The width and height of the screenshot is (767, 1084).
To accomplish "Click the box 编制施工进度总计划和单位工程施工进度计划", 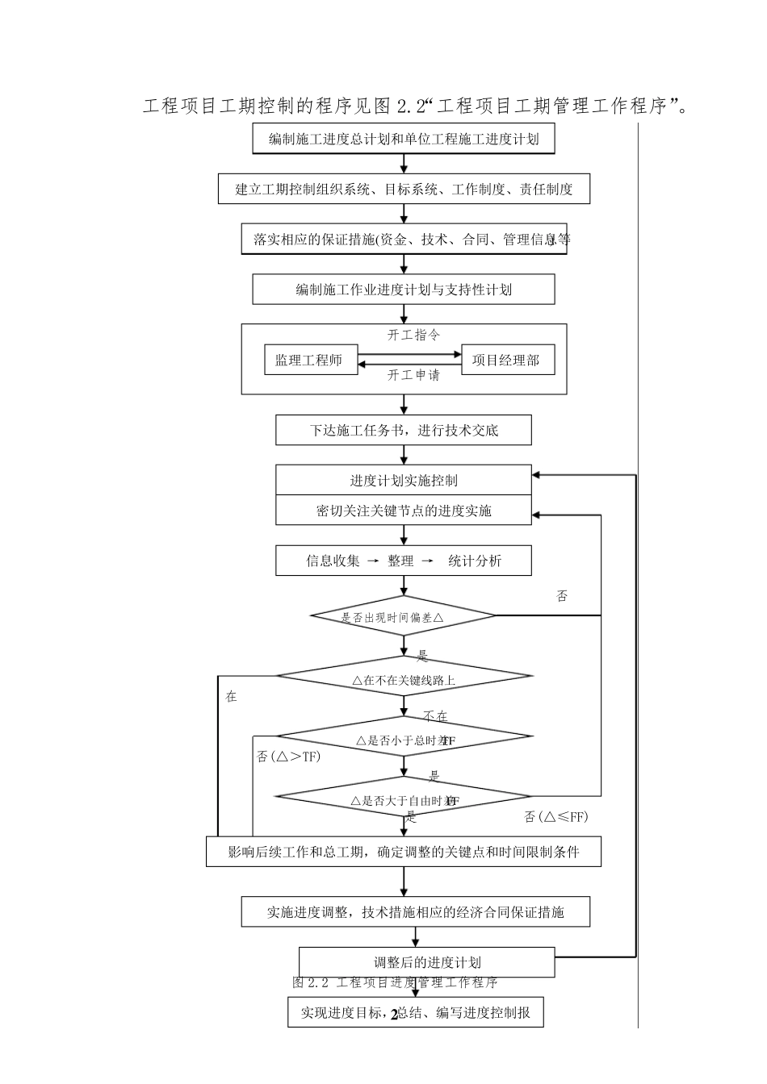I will [404, 139].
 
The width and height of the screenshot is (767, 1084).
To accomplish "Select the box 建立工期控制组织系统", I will [404, 190].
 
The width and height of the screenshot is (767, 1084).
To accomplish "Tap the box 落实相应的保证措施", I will [404, 240].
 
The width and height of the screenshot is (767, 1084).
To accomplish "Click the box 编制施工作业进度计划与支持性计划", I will [404, 290].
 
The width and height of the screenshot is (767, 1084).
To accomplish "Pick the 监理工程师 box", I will [308, 361].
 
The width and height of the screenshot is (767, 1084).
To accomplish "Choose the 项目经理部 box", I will [506, 361].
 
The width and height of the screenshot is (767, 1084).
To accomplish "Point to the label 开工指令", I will [413, 335].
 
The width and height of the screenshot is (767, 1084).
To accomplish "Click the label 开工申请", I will [413, 375].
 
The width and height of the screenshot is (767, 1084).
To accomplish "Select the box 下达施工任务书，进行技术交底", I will [404, 430].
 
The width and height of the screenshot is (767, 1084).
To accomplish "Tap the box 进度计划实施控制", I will [404, 481].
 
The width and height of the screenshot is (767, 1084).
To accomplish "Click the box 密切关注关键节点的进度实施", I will [404, 511].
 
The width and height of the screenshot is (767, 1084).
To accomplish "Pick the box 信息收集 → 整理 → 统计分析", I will [404, 561].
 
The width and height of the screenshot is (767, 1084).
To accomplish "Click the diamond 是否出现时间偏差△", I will [404, 617].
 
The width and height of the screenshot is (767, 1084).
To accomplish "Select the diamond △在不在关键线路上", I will [404, 680].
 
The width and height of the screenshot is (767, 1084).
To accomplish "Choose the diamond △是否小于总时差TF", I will [404, 740].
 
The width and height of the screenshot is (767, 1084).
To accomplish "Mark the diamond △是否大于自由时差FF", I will [404, 800].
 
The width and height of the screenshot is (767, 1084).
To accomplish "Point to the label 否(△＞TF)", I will [288, 756].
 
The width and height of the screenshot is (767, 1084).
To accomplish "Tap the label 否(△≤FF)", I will [556, 817].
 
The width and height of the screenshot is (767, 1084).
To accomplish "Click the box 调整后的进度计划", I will [427, 962].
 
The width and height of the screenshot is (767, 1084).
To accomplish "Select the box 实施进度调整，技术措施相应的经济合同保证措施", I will [416, 912].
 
